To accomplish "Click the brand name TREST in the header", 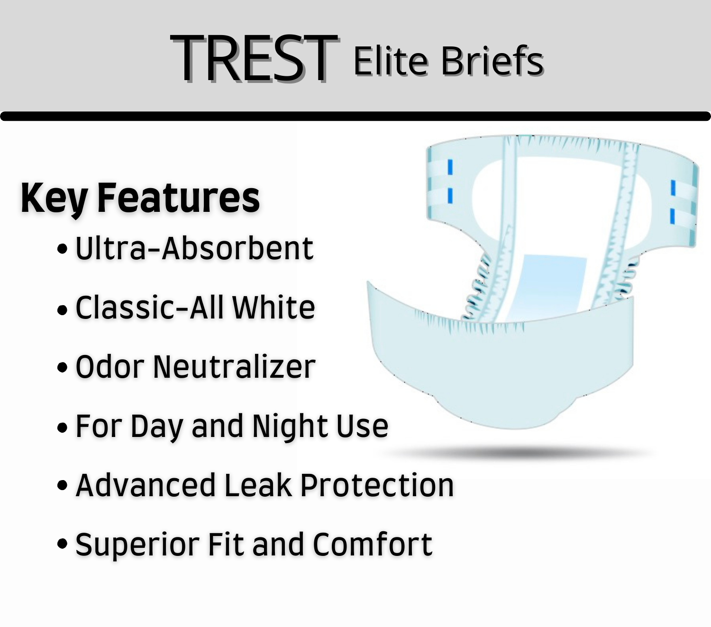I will click(x=254, y=59).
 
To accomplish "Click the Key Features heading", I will click(x=140, y=198).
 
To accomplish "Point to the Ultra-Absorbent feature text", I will click(x=194, y=248).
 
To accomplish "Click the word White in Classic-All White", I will click(x=273, y=308).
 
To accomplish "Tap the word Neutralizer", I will click(x=234, y=367).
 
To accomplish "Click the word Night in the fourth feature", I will click(x=290, y=426).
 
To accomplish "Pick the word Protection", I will click(x=377, y=485).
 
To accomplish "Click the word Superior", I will click(x=137, y=545).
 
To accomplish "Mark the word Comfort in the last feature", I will click(x=372, y=545).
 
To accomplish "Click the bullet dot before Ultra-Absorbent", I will click(x=62, y=249).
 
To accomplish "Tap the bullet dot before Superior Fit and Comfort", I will click(x=62, y=544).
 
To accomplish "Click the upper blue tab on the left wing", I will click(x=450, y=167).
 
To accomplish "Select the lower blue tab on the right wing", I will click(x=672, y=216).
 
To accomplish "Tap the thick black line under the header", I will click(x=355, y=116).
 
